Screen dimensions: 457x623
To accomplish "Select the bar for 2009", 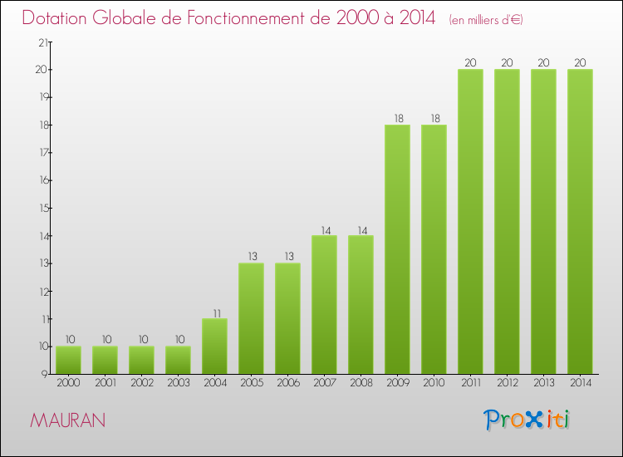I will tap(397, 249).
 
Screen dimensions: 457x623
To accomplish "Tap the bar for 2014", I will tap(580, 221).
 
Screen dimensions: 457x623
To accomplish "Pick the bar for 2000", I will tap(68, 360).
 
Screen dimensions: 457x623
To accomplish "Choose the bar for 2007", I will tap(324, 304).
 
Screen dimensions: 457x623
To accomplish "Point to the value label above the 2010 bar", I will tap(434, 118).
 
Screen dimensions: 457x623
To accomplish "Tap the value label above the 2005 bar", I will tap(251, 256).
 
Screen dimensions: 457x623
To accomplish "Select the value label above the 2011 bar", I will tap(470, 62).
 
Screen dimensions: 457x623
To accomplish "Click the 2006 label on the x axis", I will tap(287, 383).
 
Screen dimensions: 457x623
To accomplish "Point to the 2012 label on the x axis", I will tap(507, 383).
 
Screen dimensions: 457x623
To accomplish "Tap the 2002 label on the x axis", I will tap(141, 383).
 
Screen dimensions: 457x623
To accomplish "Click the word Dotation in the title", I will tap(61, 18).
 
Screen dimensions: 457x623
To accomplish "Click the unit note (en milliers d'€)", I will tap(486, 20).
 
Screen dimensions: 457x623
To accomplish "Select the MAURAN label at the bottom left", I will tap(67, 420).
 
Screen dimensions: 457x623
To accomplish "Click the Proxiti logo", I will tap(527, 420).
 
